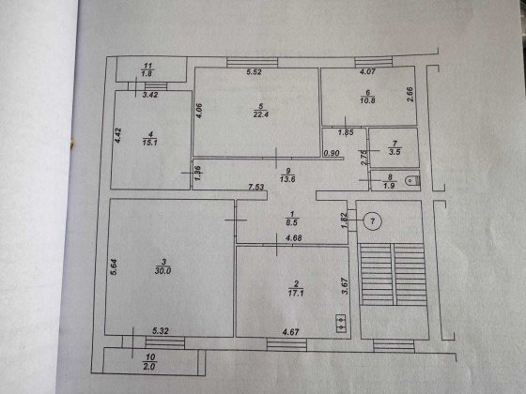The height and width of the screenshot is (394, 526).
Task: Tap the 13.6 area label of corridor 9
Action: click(x=275, y=178)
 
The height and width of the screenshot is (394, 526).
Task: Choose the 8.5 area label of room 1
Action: click(x=290, y=224)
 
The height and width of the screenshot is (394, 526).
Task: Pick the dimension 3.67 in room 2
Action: click(x=346, y=282)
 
